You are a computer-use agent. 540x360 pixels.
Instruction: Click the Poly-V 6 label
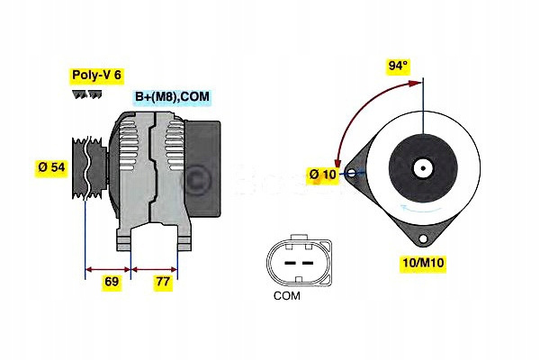(x=95, y=76)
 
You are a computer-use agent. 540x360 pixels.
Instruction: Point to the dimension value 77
(x=162, y=282)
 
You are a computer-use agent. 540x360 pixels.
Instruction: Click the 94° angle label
(x=398, y=65)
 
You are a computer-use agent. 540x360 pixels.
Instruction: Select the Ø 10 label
(x=321, y=174)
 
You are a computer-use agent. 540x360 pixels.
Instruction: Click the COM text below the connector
(x=286, y=294)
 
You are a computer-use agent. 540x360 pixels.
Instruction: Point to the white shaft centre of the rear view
(x=421, y=167)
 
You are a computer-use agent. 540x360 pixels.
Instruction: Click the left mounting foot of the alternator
(x=124, y=238)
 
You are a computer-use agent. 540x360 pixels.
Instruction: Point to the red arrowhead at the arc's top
(x=420, y=83)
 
